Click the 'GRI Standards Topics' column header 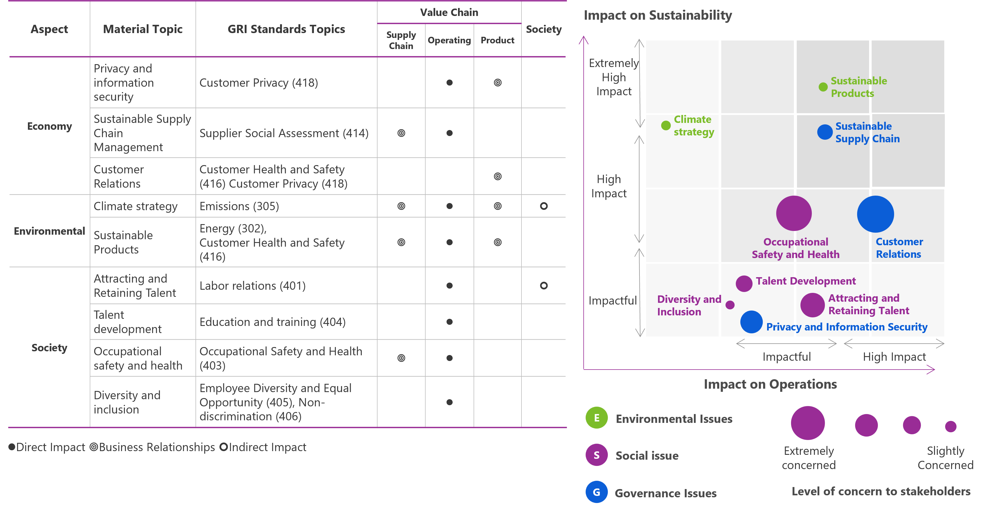[x=286, y=29]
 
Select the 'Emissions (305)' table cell [x=239, y=206]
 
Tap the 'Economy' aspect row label [x=49, y=126]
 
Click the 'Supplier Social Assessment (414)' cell [x=284, y=133]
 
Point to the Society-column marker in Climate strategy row [x=544, y=206]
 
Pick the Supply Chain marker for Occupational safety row [x=401, y=358]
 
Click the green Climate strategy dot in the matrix [x=666, y=125]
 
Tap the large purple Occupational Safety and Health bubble [x=794, y=213]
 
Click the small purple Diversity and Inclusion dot [x=730, y=305]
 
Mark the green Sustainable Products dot [x=823, y=87]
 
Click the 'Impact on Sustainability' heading [x=658, y=15]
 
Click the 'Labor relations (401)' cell [x=253, y=286]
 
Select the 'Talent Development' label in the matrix [x=806, y=281]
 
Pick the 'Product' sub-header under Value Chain [x=497, y=40]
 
